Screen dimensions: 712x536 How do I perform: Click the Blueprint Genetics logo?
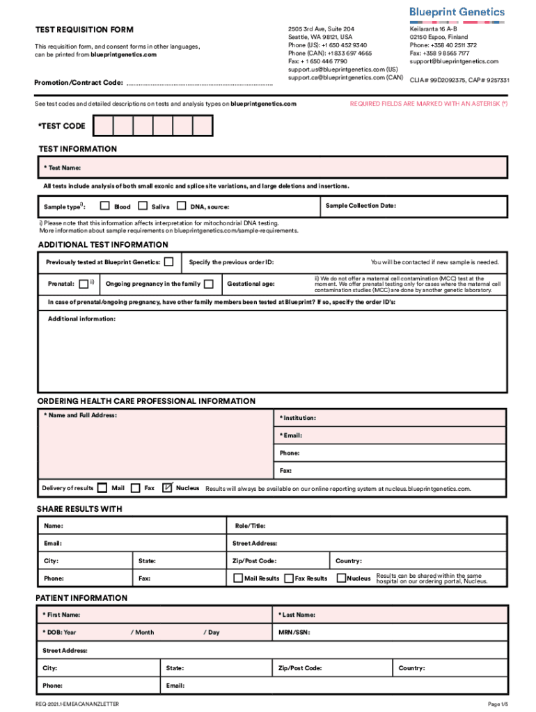click(x=466, y=12)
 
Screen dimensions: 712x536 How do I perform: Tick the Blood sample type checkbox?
click(x=105, y=206)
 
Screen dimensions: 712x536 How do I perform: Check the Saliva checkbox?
click(x=143, y=206)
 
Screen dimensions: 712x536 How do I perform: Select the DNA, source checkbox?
click(x=181, y=206)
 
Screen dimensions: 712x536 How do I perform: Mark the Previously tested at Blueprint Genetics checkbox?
click(x=168, y=262)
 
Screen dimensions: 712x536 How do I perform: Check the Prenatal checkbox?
click(x=83, y=283)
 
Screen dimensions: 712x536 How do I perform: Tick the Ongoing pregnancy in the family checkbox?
click(x=208, y=284)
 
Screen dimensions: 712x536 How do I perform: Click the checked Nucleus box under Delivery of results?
click(x=167, y=488)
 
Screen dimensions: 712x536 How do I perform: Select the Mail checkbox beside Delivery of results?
click(x=102, y=488)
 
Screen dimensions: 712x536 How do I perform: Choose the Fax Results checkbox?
click(x=289, y=578)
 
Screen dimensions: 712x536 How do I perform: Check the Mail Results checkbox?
click(x=238, y=578)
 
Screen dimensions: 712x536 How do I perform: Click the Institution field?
click(x=390, y=418)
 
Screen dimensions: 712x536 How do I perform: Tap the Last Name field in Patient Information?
click(x=390, y=615)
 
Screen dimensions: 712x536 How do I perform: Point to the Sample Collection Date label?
click(x=360, y=206)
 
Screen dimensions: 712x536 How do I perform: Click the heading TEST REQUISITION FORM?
click(x=84, y=30)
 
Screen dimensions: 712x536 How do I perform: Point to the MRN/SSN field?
click(x=390, y=633)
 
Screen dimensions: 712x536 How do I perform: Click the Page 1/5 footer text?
click(x=498, y=704)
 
